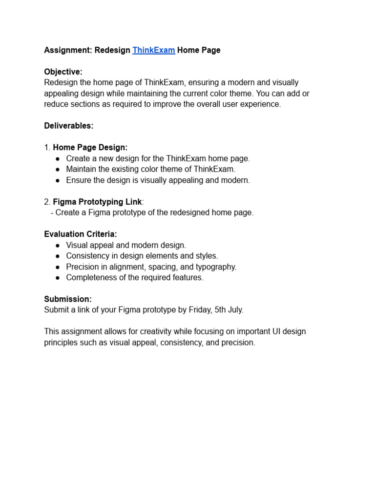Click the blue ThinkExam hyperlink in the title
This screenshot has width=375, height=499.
click(x=153, y=50)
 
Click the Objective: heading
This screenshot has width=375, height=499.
click(x=63, y=72)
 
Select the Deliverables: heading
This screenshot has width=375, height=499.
click(x=69, y=126)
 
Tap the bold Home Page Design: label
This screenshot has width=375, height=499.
click(x=90, y=147)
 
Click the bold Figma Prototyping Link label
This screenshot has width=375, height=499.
click(x=97, y=202)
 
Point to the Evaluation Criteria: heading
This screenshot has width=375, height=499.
click(x=81, y=234)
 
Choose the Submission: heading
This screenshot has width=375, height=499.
click(x=68, y=299)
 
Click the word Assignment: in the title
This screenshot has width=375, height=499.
click(x=67, y=50)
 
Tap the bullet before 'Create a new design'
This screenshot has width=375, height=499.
click(x=58, y=158)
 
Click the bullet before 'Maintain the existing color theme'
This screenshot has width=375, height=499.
click(x=58, y=169)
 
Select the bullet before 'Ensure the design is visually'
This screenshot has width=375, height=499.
click(x=58, y=180)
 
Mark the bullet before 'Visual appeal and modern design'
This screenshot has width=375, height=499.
click(x=58, y=246)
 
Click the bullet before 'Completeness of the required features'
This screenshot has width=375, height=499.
click(x=58, y=278)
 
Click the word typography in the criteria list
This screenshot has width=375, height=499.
click(x=218, y=267)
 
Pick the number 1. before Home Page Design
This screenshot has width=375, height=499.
click(x=47, y=147)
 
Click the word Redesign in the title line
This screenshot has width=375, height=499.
click(x=112, y=50)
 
